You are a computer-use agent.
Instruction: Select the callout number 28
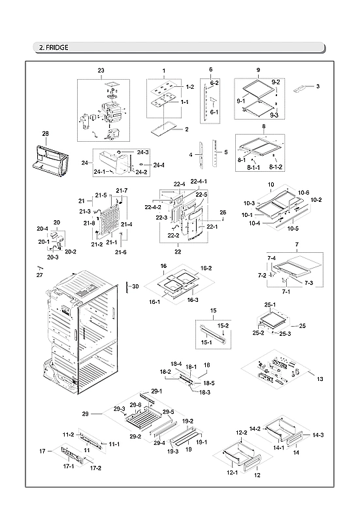[45, 133]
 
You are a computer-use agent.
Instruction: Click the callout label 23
[101, 70]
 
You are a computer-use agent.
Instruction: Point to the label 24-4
[159, 165]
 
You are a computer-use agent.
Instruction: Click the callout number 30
[135, 286]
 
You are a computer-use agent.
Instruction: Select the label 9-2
[276, 82]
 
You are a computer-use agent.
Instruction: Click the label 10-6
[304, 192]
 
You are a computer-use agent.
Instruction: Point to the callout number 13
[319, 379]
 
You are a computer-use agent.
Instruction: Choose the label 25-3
[284, 334]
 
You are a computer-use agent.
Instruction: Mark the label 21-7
[122, 190]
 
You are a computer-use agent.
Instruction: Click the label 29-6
[134, 405]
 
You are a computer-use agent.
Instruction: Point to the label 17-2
[95, 468]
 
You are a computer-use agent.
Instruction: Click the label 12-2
[241, 433]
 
